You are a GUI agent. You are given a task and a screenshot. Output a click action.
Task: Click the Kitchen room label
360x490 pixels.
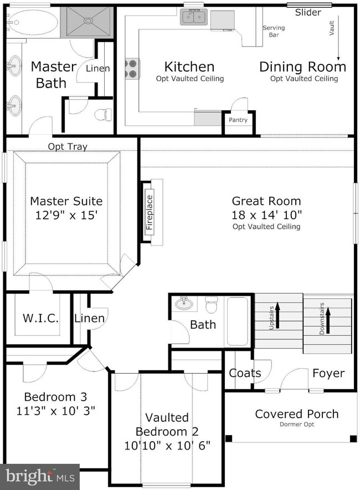pyautogui.click(x=189, y=67)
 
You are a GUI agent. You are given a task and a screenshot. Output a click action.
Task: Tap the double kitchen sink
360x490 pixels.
pyautogui.click(x=194, y=17)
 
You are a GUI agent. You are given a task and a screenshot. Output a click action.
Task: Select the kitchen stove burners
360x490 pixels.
pyautogui.click(x=132, y=69)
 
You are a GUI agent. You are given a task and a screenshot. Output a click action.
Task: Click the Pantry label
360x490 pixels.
pyautogui.click(x=238, y=120)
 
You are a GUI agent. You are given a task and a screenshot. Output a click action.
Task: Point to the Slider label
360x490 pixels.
pyautogui.click(x=308, y=13)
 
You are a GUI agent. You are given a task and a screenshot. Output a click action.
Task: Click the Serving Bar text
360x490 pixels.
pyautogui.click(x=274, y=31)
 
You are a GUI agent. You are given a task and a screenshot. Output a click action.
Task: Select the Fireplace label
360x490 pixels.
pyautogui.click(x=150, y=212)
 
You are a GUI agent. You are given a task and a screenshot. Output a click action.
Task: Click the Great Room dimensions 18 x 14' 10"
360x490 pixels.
pyautogui.click(x=266, y=215)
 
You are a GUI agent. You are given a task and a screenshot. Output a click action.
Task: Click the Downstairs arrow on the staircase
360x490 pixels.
pyautogui.click(x=328, y=320)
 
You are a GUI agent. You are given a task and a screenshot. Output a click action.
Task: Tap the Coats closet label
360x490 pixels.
pyautogui.click(x=245, y=373)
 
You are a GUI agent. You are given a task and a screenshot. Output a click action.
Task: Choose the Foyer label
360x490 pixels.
pyautogui.click(x=328, y=373)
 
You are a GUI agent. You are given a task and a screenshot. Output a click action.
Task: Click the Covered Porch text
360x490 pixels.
pyautogui.click(x=297, y=414)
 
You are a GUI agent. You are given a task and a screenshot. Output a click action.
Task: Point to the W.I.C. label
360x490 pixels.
pyautogui.click(x=40, y=318)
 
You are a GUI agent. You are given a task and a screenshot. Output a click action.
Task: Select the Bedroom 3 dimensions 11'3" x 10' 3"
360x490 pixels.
pyautogui.click(x=55, y=411)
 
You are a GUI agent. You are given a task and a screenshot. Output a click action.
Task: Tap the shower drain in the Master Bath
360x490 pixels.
pyautogui.click(x=89, y=21)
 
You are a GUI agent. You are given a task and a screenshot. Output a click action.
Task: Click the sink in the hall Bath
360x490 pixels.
pyautogui.click(x=184, y=303)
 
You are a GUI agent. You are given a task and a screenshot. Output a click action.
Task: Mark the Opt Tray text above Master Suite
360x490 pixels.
pyautogui.click(x=68, y=146)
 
